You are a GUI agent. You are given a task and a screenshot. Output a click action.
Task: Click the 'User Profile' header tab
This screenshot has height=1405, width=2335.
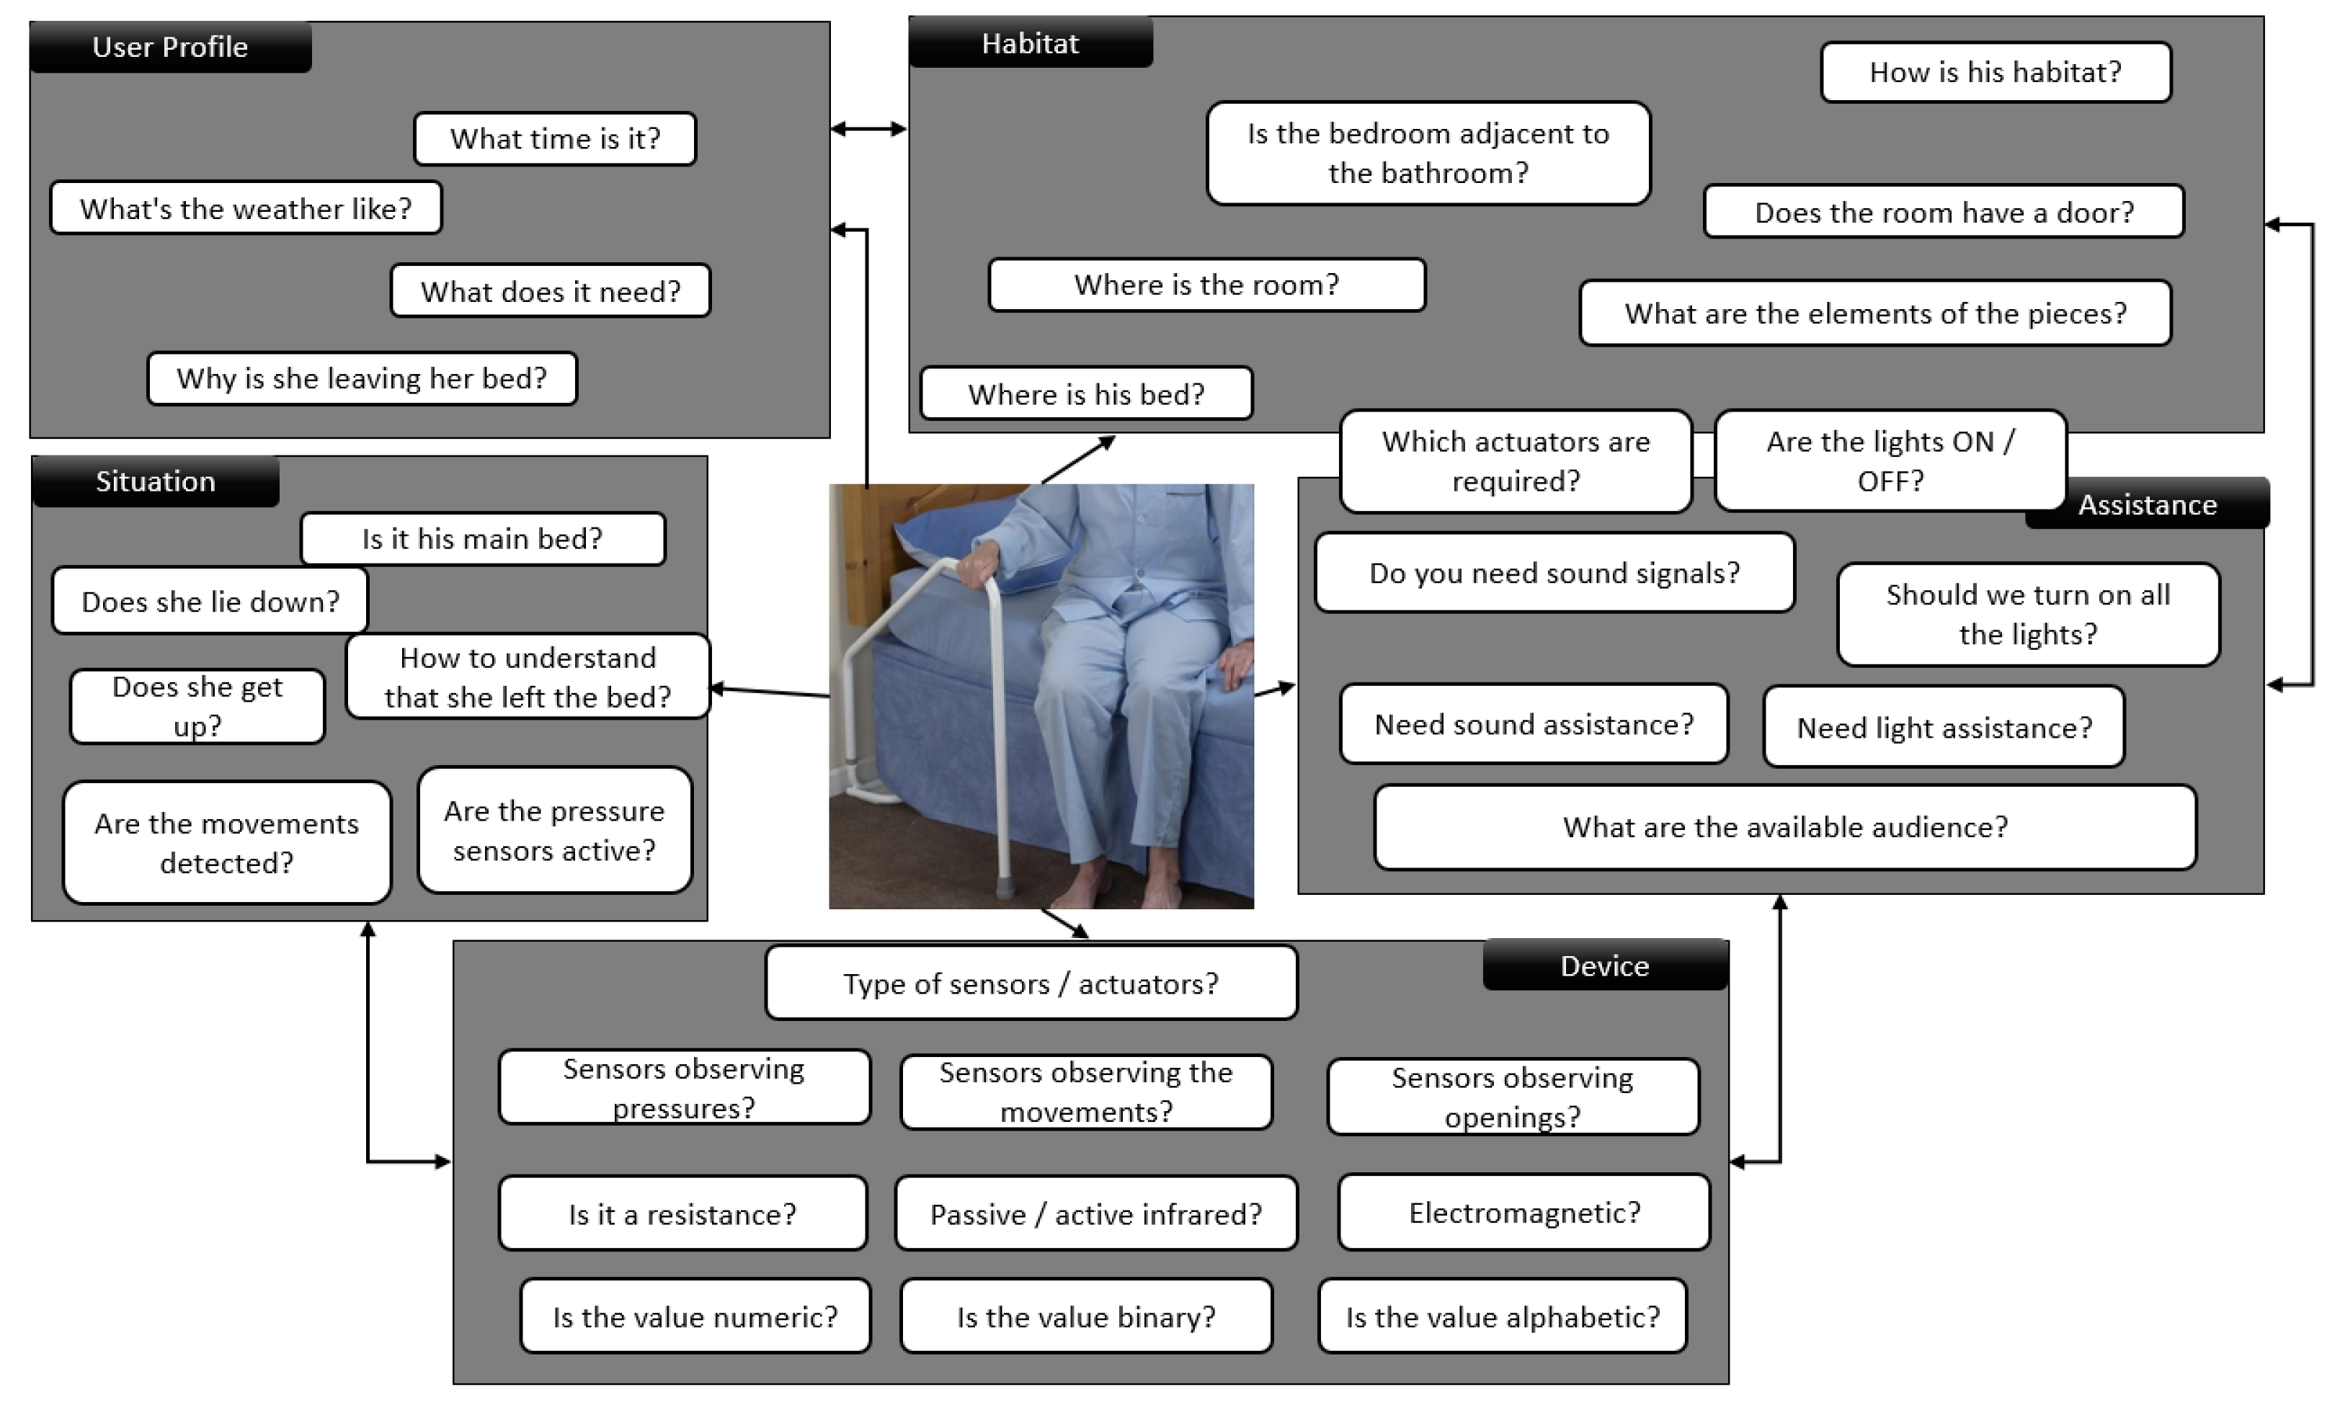tap(170, 46)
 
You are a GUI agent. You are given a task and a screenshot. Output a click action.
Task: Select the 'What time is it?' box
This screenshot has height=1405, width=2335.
tap(555, 138)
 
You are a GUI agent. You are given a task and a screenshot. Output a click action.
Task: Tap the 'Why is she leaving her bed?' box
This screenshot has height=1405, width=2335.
tap(362, 379)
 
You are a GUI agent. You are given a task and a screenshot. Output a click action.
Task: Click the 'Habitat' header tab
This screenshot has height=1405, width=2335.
tap(1030, 43)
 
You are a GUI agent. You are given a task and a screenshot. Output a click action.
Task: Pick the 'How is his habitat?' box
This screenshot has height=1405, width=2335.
tap(1995, 72)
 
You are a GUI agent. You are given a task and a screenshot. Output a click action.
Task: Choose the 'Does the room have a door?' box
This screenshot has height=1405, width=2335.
tap(1943, 211)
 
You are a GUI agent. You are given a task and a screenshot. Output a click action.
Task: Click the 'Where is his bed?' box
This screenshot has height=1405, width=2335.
tap(1086, 393)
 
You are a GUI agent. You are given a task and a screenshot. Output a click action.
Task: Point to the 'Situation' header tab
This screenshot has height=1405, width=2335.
tap(155, 481)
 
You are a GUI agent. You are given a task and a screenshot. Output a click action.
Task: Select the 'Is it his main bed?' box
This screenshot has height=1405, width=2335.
tap(482, 539)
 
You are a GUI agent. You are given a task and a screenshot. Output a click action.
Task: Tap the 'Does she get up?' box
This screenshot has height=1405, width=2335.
tap(197, 706)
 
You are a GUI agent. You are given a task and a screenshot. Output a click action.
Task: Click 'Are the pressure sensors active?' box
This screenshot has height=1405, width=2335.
tap(554, 830)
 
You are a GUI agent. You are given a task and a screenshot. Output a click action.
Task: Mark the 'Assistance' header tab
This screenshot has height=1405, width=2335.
tap(2147, 504)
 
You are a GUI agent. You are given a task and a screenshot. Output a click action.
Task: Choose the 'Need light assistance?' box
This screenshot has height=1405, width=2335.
tap(1944, 727)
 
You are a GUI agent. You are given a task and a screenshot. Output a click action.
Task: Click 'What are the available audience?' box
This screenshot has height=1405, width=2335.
tap(1785, 826)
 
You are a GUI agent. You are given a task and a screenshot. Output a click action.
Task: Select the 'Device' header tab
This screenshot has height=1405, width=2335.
tap(1605, 965)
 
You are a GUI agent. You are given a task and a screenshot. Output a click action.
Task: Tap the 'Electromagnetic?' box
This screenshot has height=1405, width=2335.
tap(1524, 1213)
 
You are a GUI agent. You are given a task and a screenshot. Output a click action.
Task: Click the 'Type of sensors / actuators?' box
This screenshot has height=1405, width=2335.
tap(1031, 983)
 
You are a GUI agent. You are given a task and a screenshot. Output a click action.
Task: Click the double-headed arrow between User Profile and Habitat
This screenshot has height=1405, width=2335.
tap(868, 129)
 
